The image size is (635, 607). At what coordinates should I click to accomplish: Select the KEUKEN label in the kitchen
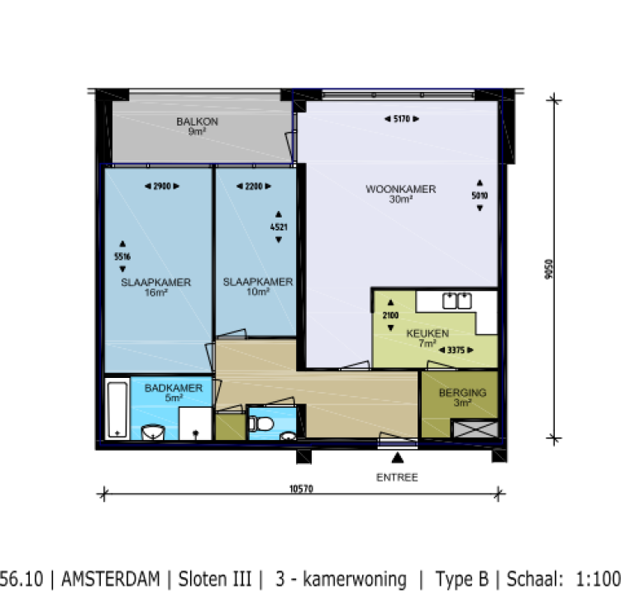(x=427, y=334)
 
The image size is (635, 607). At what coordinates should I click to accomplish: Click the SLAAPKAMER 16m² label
(x=156, y=283)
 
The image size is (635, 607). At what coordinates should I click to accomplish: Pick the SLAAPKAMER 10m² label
(x=258, y=282)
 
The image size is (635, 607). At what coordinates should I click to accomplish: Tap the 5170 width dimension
(x=403, y=120)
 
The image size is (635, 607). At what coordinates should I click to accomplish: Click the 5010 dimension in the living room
(x=480, y=196)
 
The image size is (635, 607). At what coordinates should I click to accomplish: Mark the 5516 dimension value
(x=122, y=257)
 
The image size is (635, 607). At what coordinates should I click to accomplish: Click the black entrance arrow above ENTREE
(x=398, y=457)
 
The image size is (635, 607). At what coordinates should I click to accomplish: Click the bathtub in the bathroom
(x=117, y=409)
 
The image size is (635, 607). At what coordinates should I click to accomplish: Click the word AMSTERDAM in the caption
(x=112, y=579)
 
